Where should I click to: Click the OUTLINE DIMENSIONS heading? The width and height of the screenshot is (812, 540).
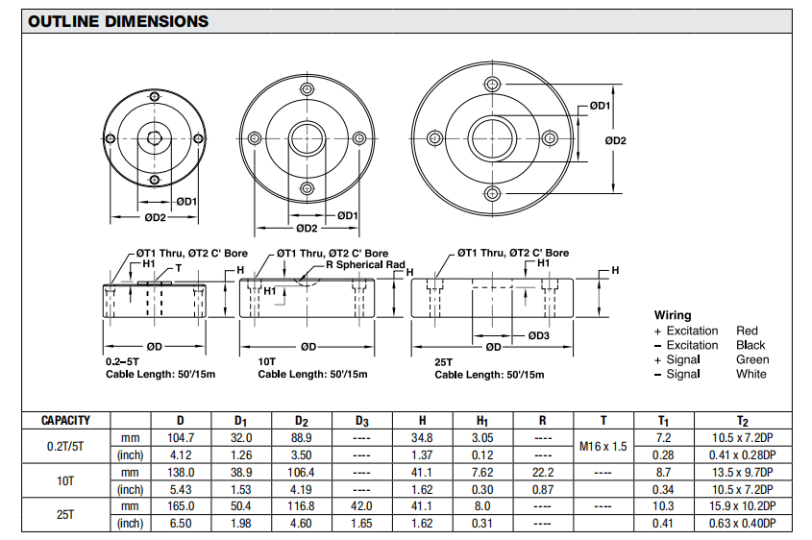118,21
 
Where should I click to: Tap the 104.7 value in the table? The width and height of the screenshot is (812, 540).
181,437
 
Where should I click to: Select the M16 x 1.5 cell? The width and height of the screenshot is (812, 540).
603,446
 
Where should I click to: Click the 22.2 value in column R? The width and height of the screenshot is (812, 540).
542,472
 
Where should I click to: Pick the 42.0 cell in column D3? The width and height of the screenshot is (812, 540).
361,505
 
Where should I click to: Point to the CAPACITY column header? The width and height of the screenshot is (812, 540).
65,420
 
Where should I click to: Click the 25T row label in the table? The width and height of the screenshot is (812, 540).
65,514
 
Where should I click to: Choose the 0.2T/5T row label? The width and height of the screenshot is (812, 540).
65,446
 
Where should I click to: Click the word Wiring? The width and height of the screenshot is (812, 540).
673,315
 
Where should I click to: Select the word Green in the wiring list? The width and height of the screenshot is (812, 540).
752,359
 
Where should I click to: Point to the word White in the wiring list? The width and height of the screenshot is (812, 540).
751,374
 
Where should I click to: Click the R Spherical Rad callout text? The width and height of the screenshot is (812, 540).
365,264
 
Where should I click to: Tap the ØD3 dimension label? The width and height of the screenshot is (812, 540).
538,335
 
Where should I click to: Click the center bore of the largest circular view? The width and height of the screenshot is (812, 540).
493,135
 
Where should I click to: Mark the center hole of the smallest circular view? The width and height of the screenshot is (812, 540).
154,137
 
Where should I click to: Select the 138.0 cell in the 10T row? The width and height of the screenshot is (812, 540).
181,472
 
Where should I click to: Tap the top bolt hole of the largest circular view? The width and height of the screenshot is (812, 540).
493,81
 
